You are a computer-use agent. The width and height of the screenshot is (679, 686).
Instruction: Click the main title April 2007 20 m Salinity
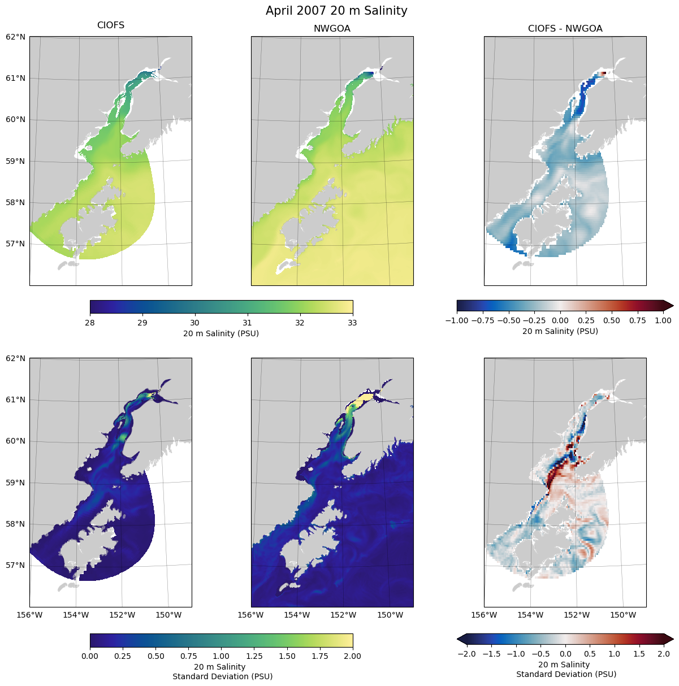[336, 11]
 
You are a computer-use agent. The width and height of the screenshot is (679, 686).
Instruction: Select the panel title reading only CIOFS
[111, 25]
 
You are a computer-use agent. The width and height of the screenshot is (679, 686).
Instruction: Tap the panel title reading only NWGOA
[332, 29]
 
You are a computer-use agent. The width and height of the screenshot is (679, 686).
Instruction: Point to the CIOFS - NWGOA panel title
[565, 29]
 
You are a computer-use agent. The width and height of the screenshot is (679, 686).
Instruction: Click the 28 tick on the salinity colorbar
[90, 323]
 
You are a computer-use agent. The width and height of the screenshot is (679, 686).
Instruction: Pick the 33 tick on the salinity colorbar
[352, 323]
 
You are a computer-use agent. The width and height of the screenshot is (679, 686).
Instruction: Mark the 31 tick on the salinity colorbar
[247, 323]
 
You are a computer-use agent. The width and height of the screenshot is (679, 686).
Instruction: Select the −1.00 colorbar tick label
[457, 321]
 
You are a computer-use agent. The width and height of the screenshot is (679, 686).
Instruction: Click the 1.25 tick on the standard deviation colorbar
[254, 656]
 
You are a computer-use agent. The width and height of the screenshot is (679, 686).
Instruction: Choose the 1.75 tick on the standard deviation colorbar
[319, 656]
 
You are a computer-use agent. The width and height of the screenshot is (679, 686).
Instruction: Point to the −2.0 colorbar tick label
[465, 654]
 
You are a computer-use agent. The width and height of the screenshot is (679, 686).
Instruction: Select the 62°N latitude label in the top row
[15, 37]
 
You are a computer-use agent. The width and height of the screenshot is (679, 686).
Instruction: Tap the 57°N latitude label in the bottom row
[15, 565]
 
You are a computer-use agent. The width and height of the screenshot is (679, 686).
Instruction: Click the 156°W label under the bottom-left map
[30, 615]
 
